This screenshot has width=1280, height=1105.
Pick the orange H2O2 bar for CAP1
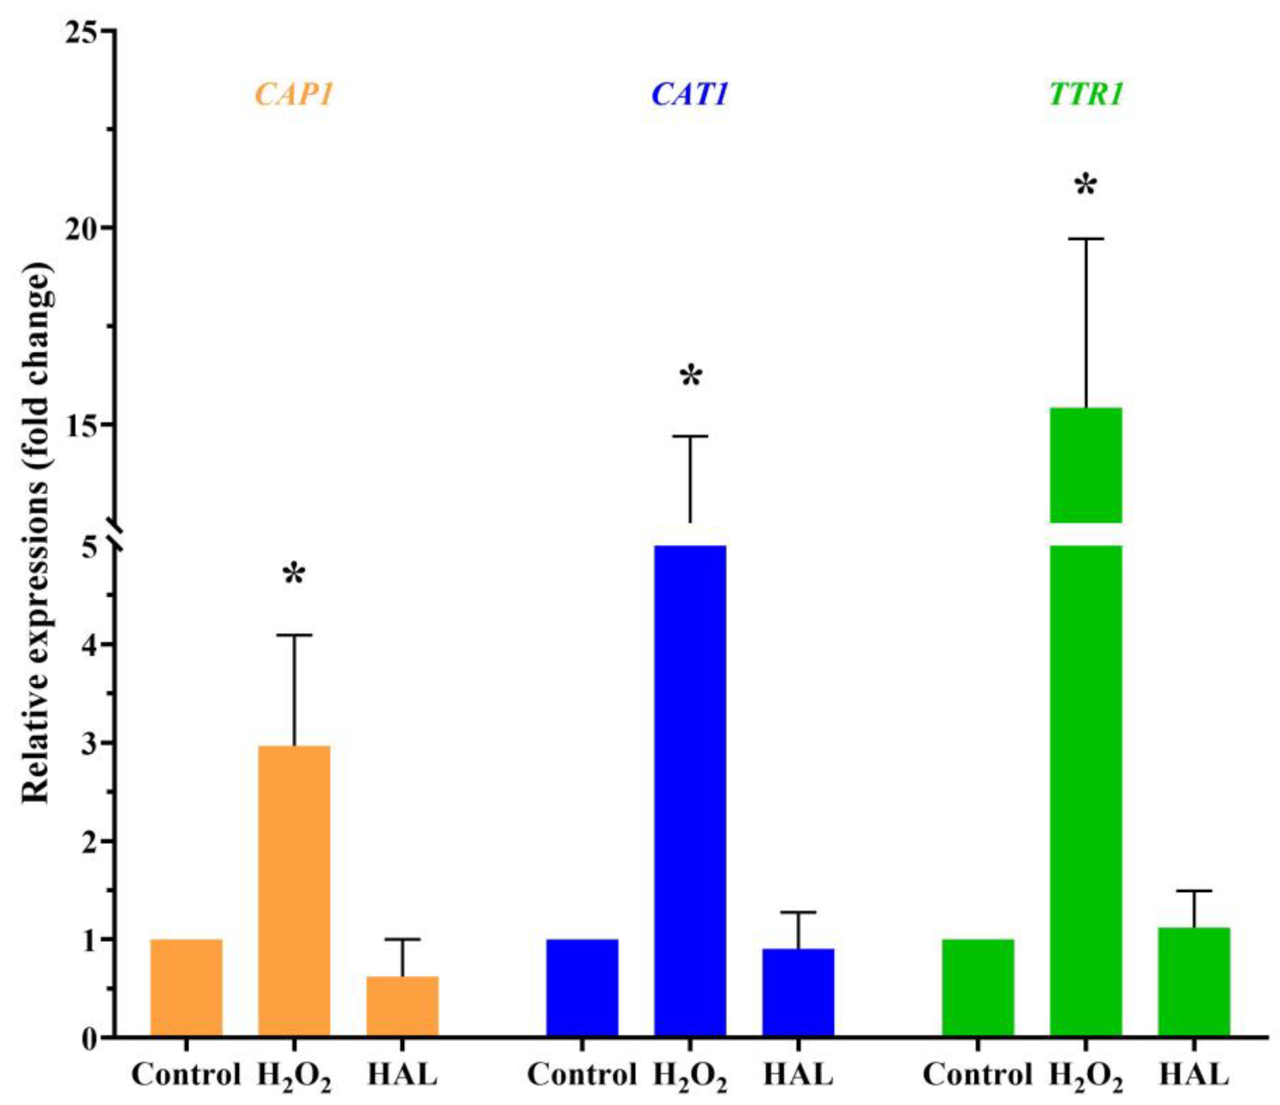294,890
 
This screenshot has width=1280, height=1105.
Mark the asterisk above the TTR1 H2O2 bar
1086,185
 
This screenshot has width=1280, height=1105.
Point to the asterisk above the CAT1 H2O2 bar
691,377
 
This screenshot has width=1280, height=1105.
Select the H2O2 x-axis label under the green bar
1086,1073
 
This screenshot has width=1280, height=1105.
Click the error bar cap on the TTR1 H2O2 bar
1086,238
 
